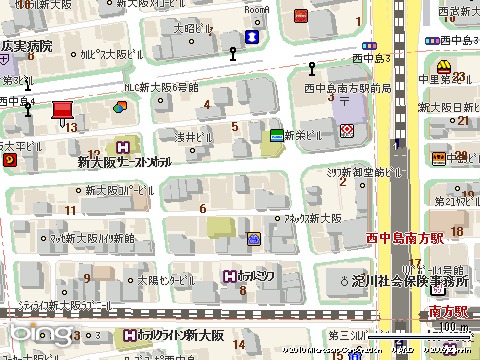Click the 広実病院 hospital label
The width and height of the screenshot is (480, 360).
[27, 47]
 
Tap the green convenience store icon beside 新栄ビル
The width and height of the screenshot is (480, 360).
[275, 134]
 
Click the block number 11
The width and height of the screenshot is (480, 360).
[70, 209]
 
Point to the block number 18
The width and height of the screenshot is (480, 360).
[456, 232]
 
